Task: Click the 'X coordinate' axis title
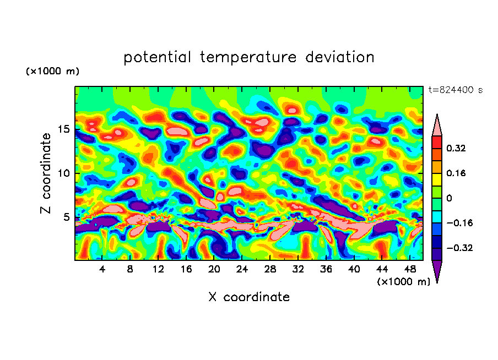[249, 297]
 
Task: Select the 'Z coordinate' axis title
[46, 173]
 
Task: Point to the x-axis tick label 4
[102, 269]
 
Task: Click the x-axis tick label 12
[159, 269]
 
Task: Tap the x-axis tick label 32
[298, 269]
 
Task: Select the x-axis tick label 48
[409, 269]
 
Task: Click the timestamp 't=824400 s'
[455, 90]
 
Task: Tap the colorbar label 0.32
[456, 148]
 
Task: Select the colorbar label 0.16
[456, 173]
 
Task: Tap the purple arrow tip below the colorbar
[437, 272]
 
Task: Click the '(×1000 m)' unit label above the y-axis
[52, 72]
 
